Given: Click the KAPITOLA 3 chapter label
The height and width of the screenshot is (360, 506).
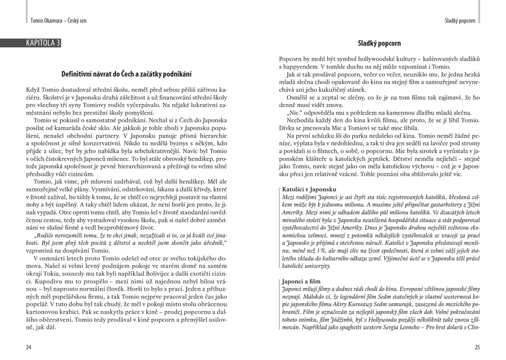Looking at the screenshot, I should [43, 43].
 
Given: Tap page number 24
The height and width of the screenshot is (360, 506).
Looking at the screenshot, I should [29, 347].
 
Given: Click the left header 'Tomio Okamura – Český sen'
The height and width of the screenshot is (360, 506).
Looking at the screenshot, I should [58, 21].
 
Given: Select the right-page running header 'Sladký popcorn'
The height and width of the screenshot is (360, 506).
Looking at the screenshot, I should [460, 21].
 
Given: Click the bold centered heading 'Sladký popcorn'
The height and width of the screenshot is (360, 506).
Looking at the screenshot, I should [379, 44].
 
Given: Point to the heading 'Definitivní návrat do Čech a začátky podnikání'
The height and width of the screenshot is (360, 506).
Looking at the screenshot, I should [126, 74].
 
